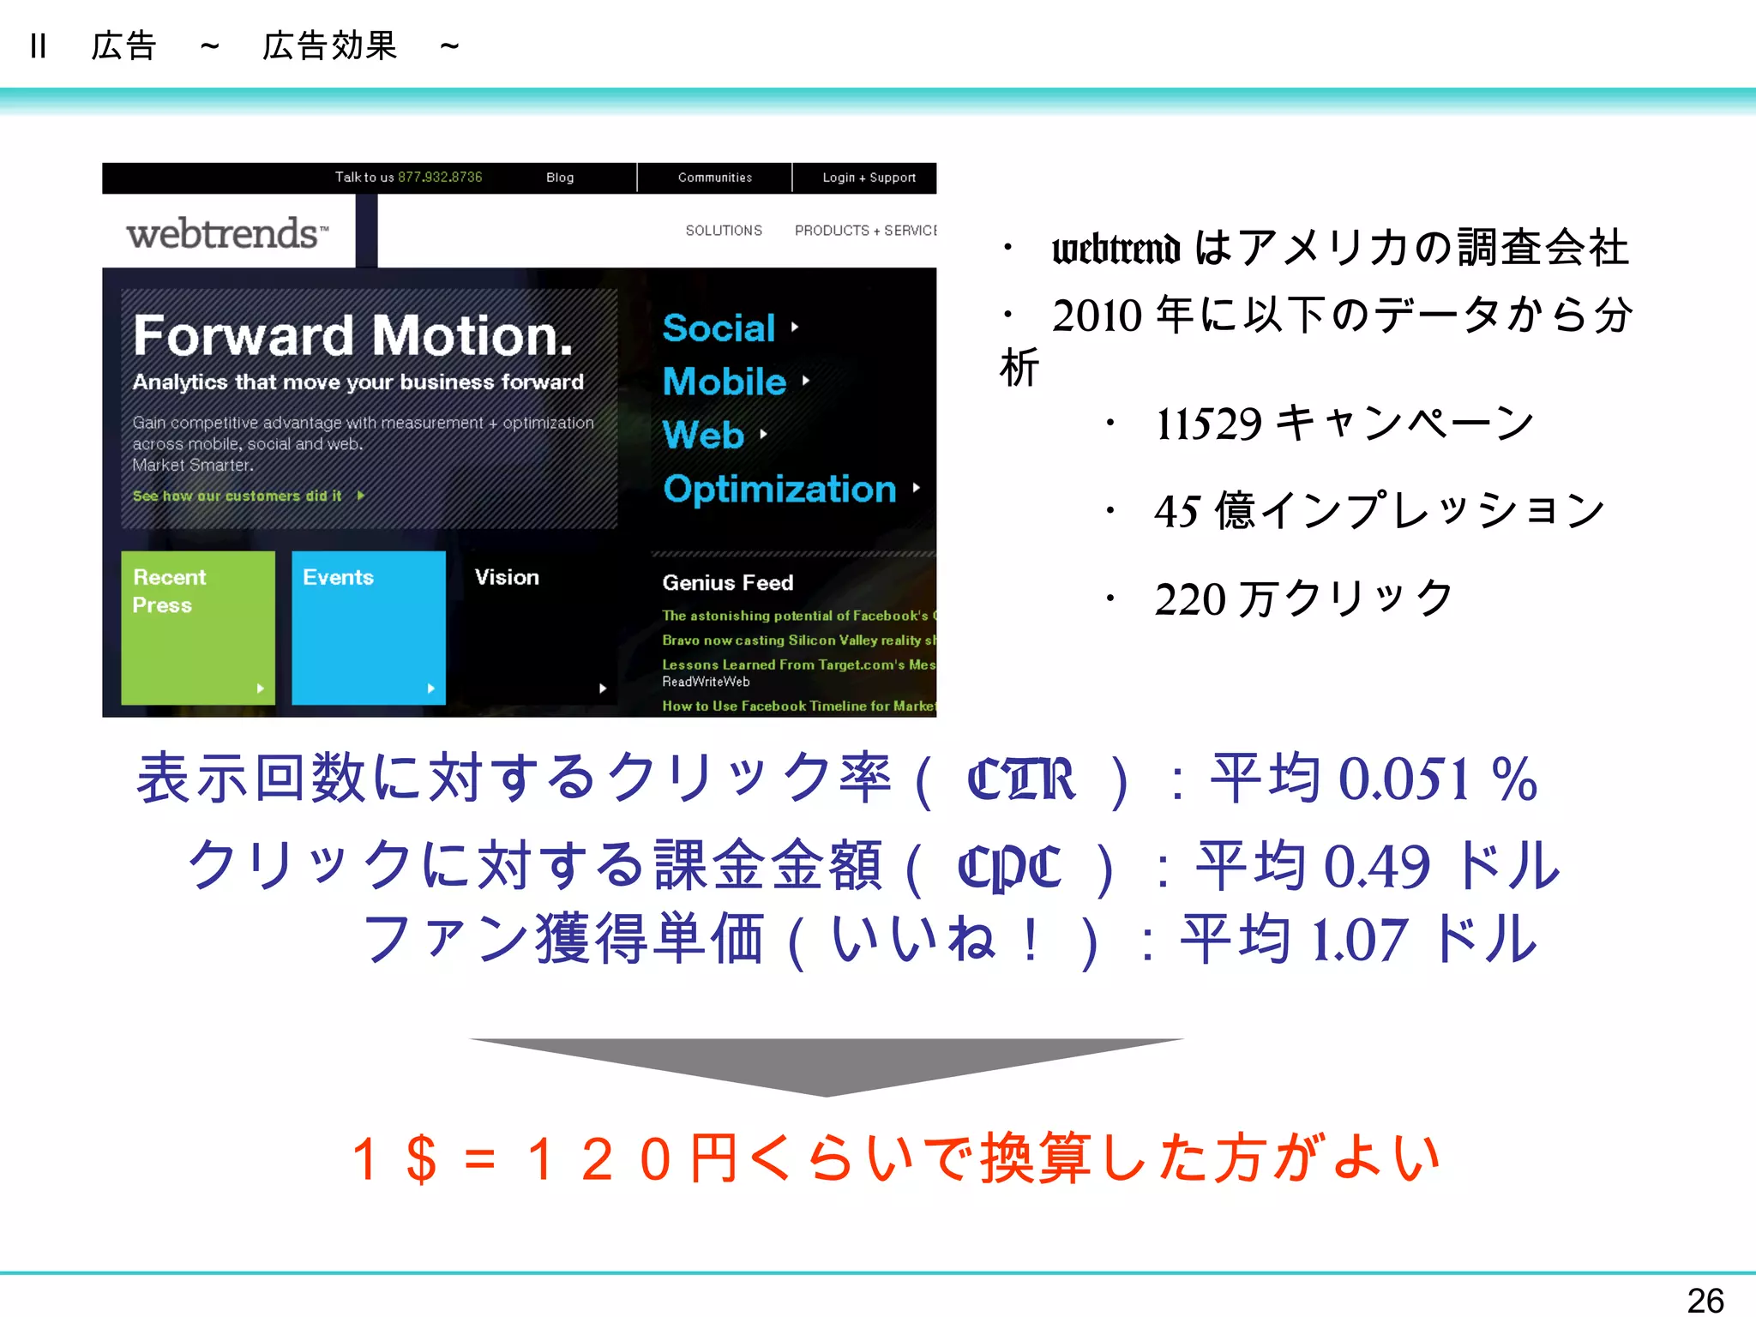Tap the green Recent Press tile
(197, 628)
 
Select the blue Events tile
(368, 628)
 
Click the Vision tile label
(507, 577)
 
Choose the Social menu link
(719, 328)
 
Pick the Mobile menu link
(725, 382)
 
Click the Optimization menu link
(779, 489)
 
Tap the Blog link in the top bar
(560, 177)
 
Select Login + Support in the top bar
(869, 177)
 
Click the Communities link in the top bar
(714, 177)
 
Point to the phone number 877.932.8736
(440, 177)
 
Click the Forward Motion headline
(352, 335)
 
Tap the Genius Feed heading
(727, 583)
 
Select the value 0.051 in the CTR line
(1404, 779)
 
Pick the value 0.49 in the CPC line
(1376, 866)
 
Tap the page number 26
(1705, 1300)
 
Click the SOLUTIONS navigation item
(724, 231)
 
